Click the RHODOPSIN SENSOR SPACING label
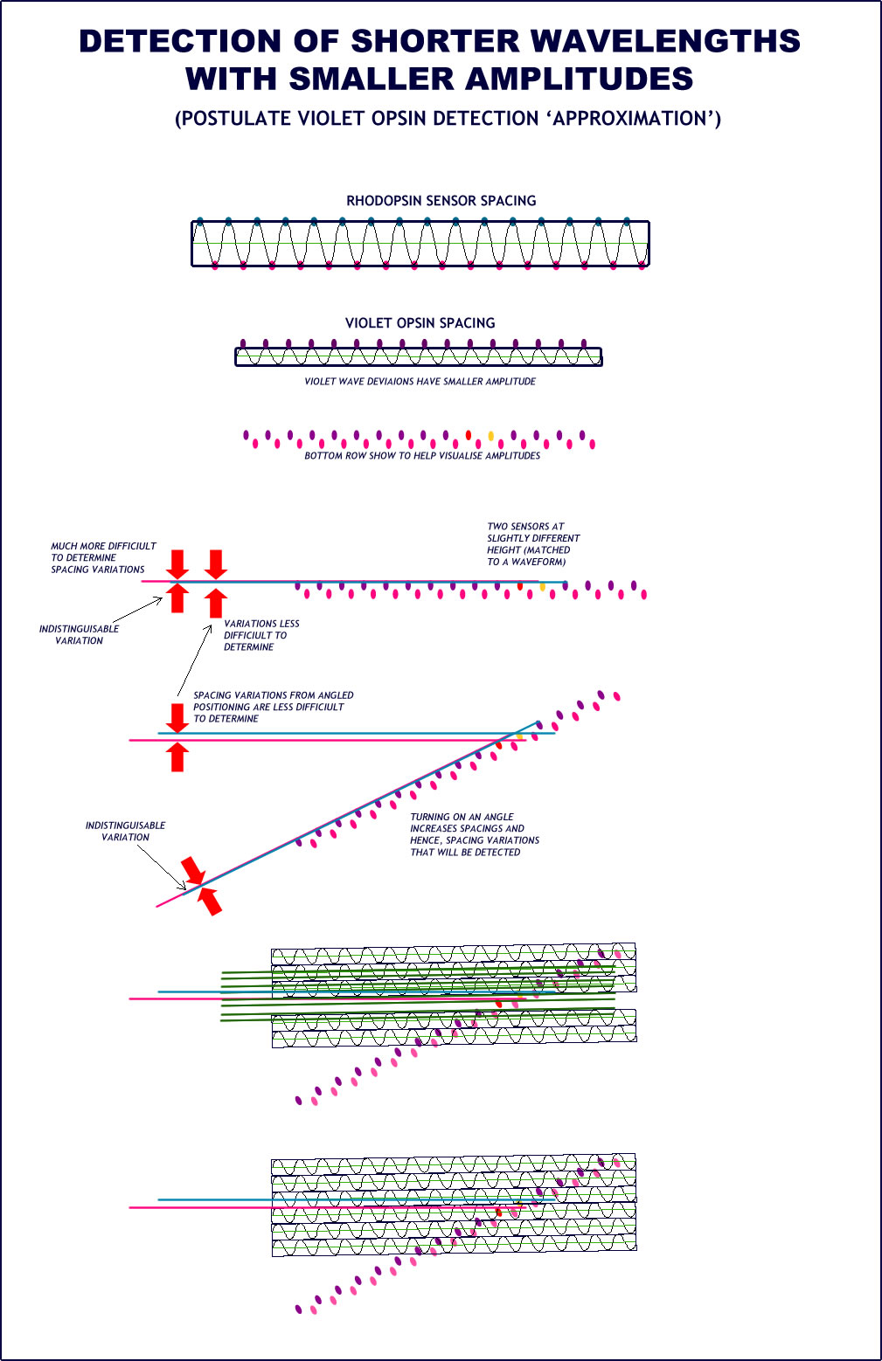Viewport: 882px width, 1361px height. pos(441,201)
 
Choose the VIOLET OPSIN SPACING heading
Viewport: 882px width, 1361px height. pos(420,323)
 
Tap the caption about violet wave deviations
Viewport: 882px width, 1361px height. pos(420,382)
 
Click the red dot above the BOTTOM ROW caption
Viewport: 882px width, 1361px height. pos(469,434)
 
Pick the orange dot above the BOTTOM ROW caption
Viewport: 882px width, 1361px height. pos(491,435)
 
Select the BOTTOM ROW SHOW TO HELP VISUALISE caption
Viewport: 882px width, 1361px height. pos(422,456)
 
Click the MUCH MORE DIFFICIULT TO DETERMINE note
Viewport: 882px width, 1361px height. pos(102,557)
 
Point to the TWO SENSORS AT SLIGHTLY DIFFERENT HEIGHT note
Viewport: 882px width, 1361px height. pos(532,544)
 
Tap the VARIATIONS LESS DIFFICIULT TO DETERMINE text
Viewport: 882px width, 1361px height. pos(260,635)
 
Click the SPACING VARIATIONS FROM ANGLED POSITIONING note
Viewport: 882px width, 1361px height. pos(273,707)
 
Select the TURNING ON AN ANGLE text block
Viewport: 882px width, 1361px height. pos(474,834)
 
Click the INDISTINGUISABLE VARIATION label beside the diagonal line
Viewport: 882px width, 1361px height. pos(125,831)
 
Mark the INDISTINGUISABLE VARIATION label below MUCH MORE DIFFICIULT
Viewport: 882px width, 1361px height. pos(79,634)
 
